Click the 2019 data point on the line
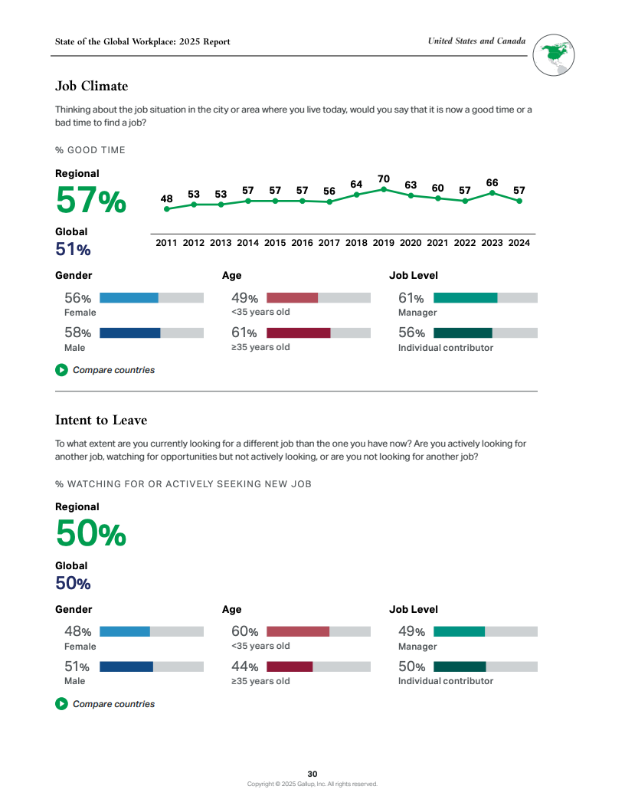[384, 188]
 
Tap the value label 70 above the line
[384, 179]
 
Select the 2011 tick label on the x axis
[166, 243]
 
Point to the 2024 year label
[519, 243]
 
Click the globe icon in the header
[554, 54]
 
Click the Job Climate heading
[91, 86]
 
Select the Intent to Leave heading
[101, 420]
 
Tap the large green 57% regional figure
[90, 201]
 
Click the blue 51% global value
[73, 249]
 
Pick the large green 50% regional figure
[90, 533]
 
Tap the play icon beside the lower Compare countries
[61, 704]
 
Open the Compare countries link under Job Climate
[113, 370]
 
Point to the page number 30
[312, 774]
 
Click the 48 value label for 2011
[166, 198]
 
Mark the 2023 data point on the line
[492, 193]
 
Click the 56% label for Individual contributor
[411, 332]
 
